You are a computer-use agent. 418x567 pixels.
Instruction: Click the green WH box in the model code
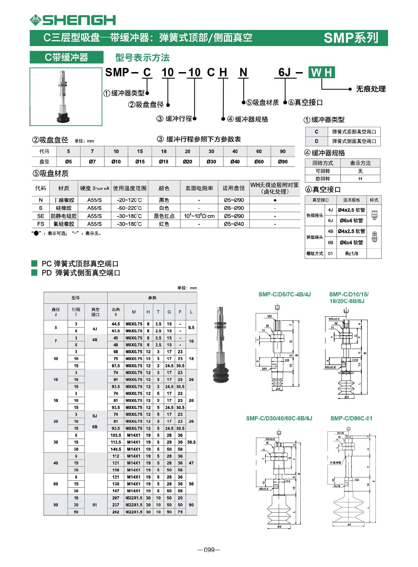322,73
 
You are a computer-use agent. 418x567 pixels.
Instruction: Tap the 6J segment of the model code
285,73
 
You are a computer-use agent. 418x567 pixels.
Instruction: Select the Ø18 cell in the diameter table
163,162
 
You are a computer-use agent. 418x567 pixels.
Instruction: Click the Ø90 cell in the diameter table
282,162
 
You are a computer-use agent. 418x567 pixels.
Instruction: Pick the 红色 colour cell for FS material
164,224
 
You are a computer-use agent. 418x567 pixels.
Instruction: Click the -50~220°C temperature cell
129,208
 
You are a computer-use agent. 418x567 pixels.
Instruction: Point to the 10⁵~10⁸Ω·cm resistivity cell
199,216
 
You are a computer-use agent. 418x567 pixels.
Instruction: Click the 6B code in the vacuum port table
330,242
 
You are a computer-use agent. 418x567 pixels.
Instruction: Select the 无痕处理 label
370,89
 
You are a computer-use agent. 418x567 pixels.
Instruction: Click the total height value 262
116,512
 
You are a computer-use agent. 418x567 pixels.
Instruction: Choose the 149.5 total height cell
116,449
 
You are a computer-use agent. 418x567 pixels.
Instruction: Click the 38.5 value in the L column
191,442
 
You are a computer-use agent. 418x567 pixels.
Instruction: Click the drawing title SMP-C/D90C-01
351,418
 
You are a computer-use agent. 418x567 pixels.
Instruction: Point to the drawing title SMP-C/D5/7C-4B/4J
284,294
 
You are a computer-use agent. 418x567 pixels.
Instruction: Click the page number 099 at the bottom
209,550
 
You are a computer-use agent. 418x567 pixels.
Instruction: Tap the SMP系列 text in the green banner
350,38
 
